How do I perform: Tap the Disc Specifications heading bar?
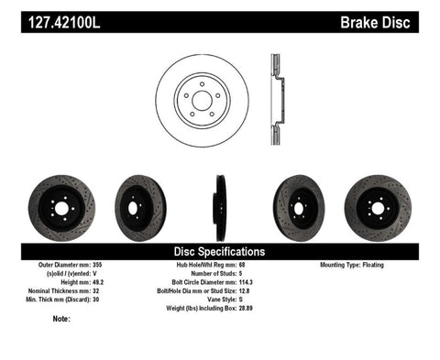coord(220,251)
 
